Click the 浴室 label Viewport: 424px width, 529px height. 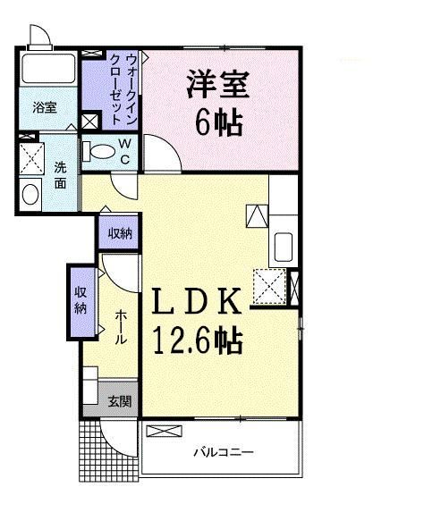point(45,107)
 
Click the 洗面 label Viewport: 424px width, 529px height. point(61,175)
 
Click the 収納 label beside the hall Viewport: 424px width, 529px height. point(80,301)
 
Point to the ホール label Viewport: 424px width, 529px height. point(120,328)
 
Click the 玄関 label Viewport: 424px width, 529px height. point(119,401)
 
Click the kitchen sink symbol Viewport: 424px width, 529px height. point(282,245)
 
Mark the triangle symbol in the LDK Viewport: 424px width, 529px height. point(256,215)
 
